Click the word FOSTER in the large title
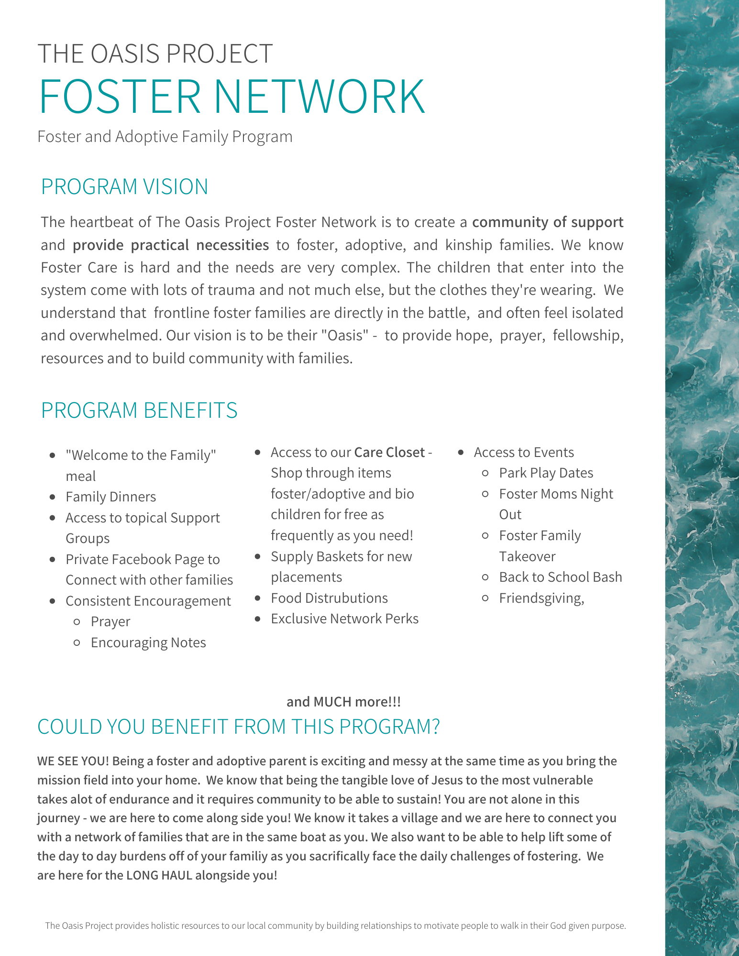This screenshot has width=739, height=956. (x=120, y=97)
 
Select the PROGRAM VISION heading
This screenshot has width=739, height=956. (x=124, y=186)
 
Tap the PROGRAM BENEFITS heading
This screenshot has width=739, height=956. (x=139, y=410)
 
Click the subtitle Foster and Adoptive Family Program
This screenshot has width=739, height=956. (x=165, y=137)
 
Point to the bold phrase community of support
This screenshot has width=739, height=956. (x=548, y=222)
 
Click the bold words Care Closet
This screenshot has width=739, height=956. (x=389, y=452)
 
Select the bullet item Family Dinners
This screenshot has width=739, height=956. (x=110, y=497)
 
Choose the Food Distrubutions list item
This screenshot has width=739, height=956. (x=329, y=598)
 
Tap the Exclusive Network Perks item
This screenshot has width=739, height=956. (x=344, y=619)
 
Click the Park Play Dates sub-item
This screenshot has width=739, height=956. (x=546, y=473)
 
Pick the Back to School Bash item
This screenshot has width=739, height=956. (x=560, y=577)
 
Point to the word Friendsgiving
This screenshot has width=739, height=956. (x=541, y=598)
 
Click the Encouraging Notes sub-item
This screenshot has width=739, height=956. (x=148, y=642)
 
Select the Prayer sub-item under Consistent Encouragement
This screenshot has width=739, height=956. (x=110, y=621)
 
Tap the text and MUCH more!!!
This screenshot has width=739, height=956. (x=343, y=702)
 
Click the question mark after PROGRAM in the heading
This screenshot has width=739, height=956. (x=434, y=727)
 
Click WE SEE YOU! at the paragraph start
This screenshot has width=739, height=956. (x=73, y=761)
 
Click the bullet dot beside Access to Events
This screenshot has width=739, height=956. (x=461, y=452)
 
